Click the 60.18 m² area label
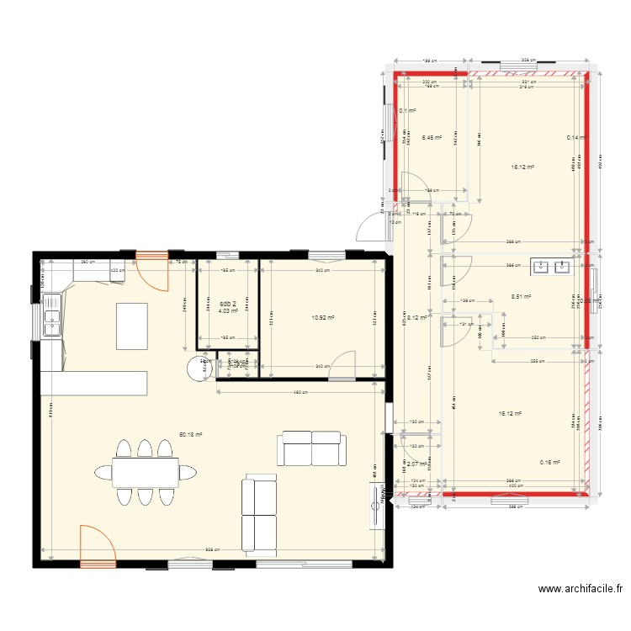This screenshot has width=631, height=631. point(190,435)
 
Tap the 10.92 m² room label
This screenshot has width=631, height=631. point(323,318)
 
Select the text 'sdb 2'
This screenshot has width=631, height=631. point(228,304)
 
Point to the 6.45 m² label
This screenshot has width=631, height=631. point(432,137)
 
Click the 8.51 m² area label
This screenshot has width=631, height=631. point(522,296)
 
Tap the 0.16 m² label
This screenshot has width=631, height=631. point(550,462)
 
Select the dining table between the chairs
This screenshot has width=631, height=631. point(145,472)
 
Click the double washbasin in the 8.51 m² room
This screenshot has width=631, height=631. point(551,268)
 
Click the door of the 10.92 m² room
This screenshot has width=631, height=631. point(343,367)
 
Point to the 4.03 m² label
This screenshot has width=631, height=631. point(228,311)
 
